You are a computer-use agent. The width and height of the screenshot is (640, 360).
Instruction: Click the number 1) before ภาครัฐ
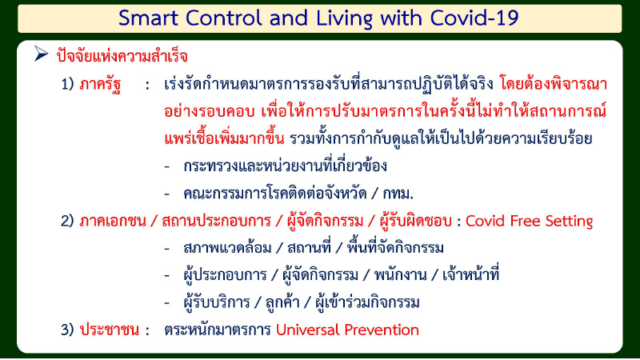pos(70,84)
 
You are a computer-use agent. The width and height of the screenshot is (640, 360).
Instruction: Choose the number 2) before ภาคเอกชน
pos(70,221)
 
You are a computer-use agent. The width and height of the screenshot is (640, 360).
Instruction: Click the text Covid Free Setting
pos(529,221)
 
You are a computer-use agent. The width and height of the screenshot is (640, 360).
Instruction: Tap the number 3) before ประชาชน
pos(70,330)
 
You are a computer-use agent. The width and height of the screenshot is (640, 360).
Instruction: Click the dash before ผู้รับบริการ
pos(166,302)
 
